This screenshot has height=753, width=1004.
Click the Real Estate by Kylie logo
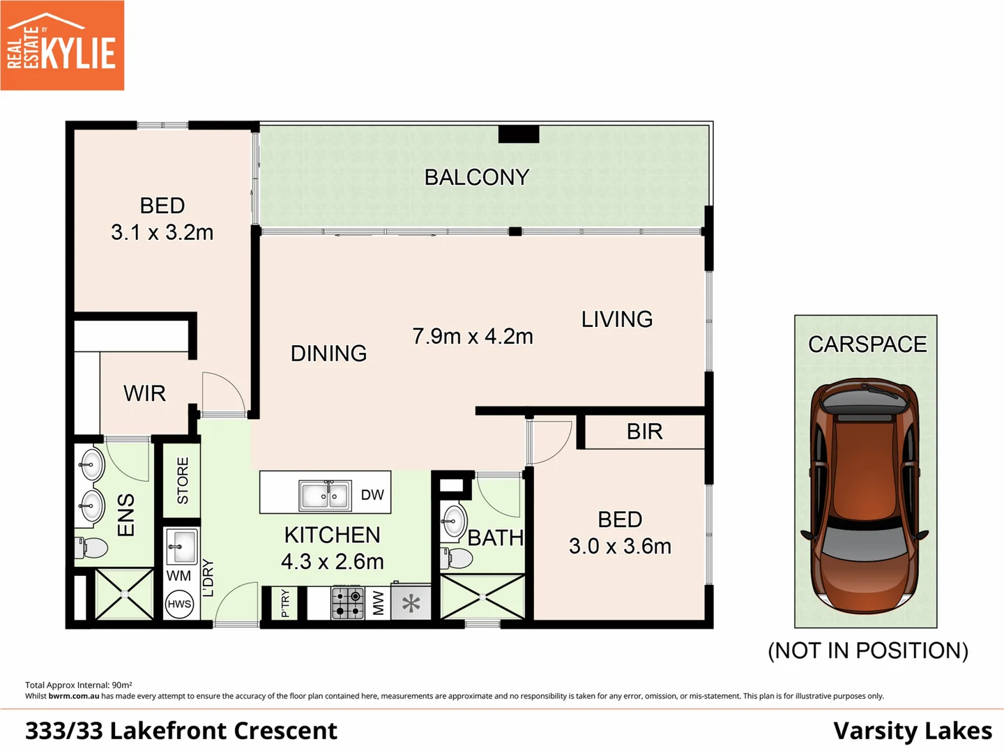tap(62, 45)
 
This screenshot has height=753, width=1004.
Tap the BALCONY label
tap(477, 177)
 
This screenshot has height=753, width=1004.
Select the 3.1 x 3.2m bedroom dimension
tap(162, 232)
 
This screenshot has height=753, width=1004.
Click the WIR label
tap(144, 393)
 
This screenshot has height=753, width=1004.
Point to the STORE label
tap(183, 480)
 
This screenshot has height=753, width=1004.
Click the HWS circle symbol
tap(179, 604)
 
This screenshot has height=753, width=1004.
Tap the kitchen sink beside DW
tap(324, 496)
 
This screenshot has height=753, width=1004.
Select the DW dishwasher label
tap(372, 495)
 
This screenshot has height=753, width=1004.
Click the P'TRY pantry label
tap(284, 603)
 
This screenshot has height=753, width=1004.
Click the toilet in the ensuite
tap(91, 547)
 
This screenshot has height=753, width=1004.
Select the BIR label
tap(644, 432)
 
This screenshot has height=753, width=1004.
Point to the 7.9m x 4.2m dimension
tap(473, 336)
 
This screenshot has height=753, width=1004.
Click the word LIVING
tap(617, 319)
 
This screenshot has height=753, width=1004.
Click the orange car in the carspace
tap(865, 495)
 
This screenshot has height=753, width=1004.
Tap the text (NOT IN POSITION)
tap(867, 651)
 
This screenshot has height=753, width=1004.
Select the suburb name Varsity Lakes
tap(912, 731)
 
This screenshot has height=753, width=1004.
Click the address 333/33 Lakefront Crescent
tap(181, 731)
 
